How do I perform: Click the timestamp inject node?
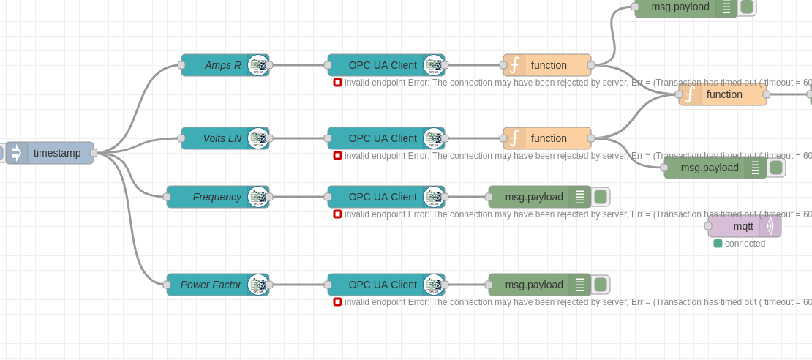coord(56,153)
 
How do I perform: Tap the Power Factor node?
coord(211,285)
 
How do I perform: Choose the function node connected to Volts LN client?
coord(549,138)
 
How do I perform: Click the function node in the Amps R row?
coord(549,65)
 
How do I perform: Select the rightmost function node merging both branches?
coord(724,94)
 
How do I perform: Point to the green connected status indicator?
coord(718,244)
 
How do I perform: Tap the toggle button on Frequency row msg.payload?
coord(601,197)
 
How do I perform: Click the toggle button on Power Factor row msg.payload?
coord(601,285)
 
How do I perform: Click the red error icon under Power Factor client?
coord(337,301)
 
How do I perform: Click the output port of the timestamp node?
coord(94,153)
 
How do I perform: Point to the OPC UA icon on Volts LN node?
coord(257,138)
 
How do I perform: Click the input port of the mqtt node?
coord(708,226)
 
